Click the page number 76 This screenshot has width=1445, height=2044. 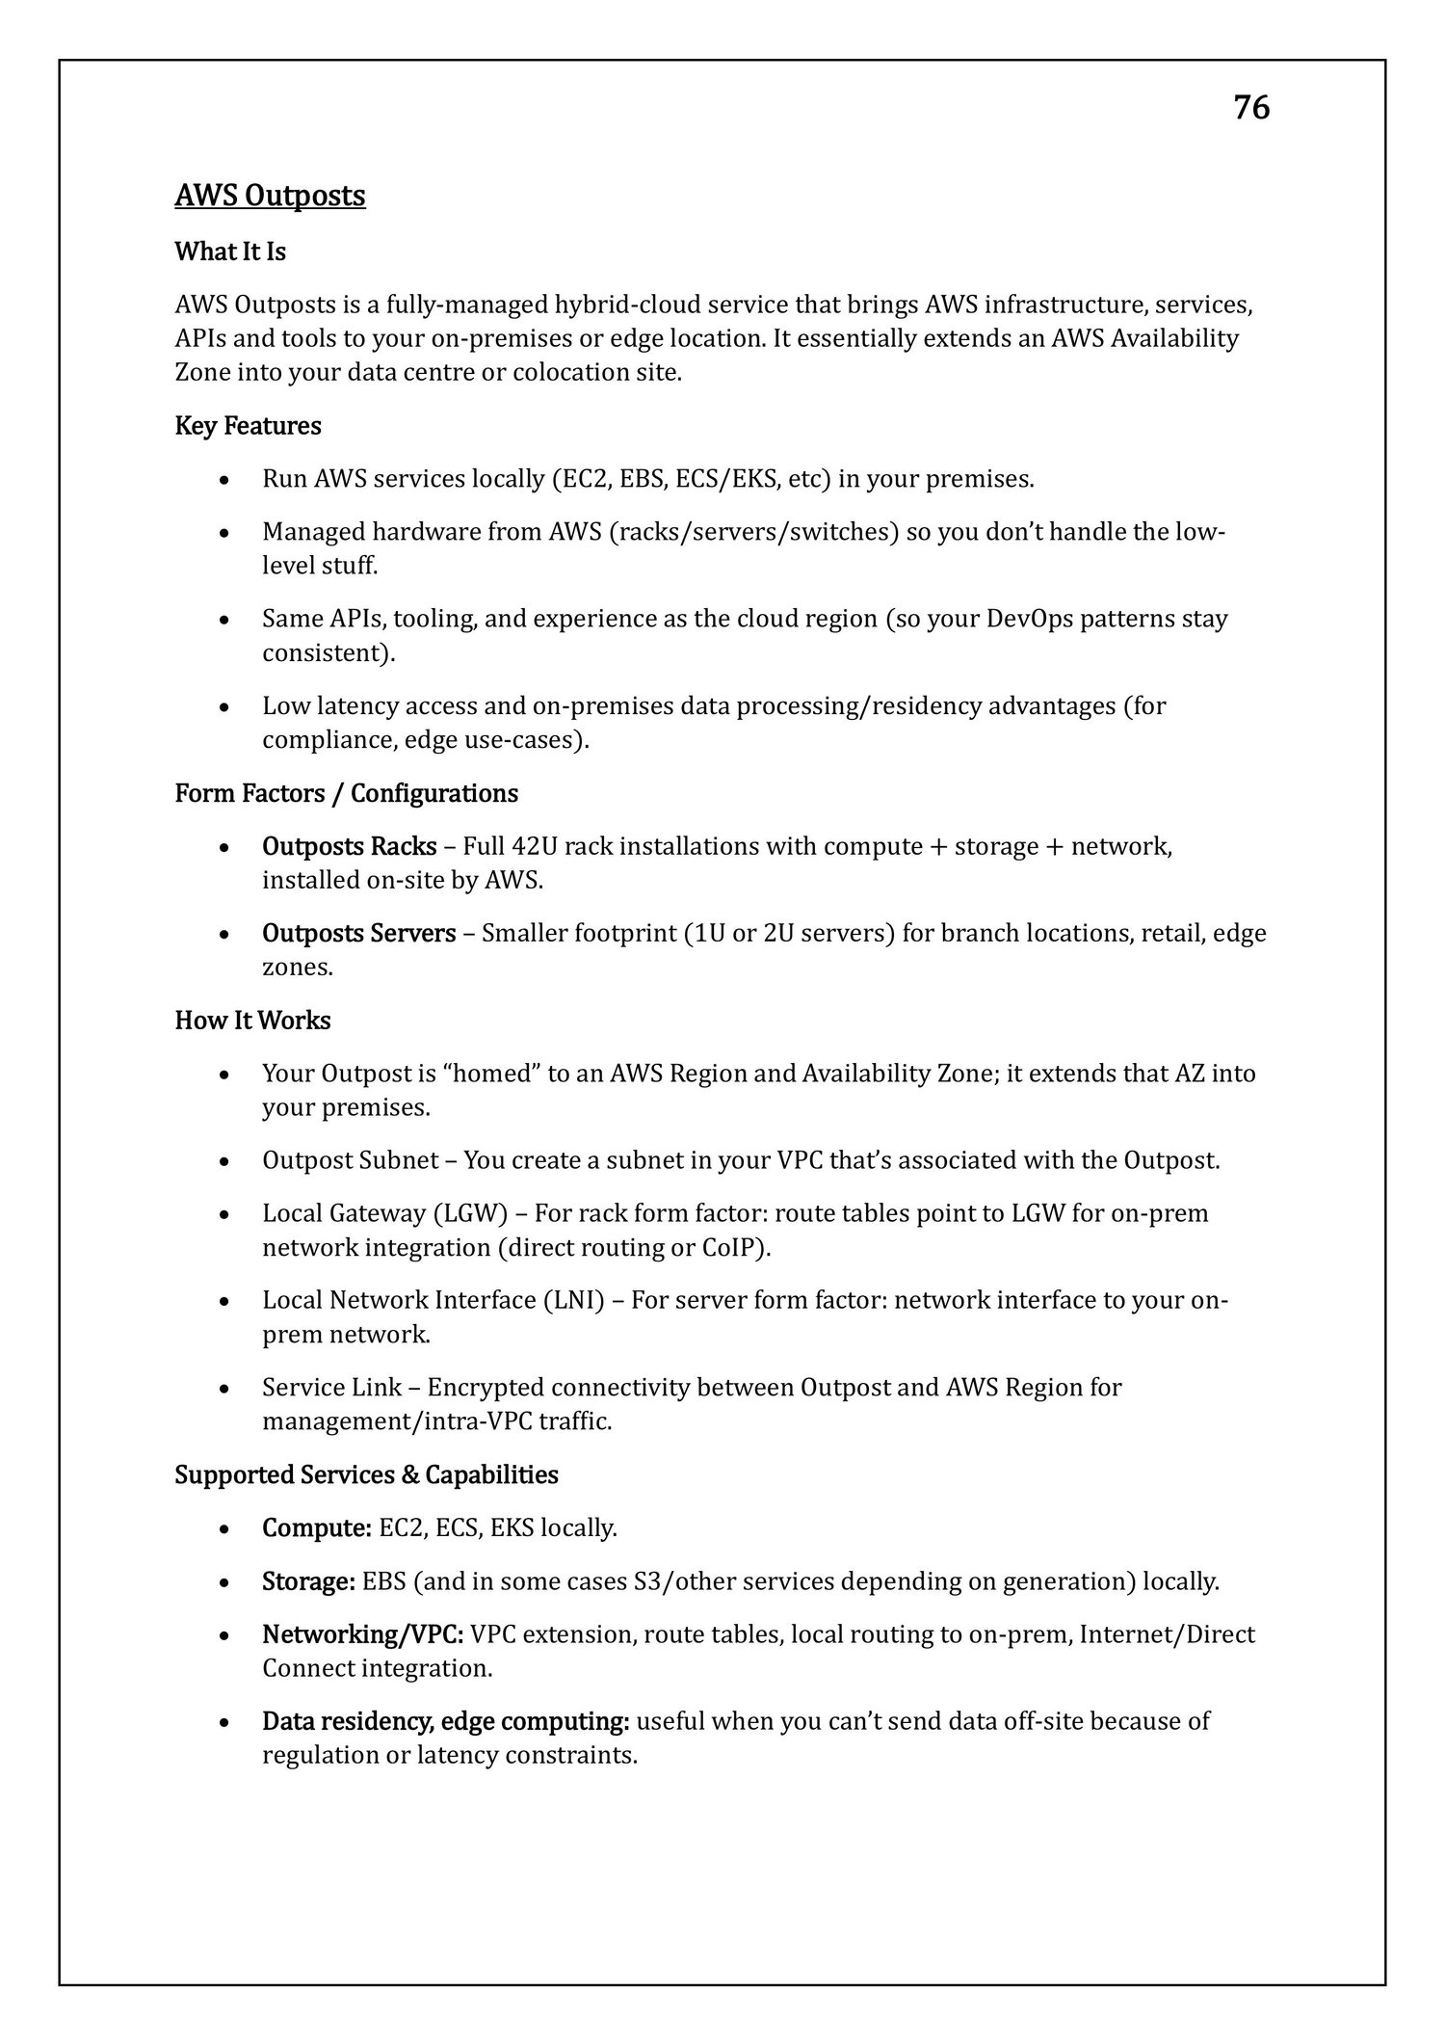pos(1251,108)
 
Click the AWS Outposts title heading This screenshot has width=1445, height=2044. pos(270,196)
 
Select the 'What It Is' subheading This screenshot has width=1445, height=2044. pos(230,252)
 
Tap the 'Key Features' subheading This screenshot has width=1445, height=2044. pos(248,425)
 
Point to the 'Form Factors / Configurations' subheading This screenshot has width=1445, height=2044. pos(346,793)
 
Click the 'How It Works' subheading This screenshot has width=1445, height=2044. pos(252,1020)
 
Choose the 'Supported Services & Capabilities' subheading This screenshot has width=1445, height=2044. pos(366,1474)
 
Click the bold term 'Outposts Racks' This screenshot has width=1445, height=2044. pos(349,846)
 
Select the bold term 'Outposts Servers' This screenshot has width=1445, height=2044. pos(358,933)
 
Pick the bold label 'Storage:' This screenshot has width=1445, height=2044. pos(308,1580)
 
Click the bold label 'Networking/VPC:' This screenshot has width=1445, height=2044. pos(363,1633)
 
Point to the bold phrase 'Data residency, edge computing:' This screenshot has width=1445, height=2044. pos(446,1720)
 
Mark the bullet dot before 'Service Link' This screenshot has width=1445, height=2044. pos(223,1389)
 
